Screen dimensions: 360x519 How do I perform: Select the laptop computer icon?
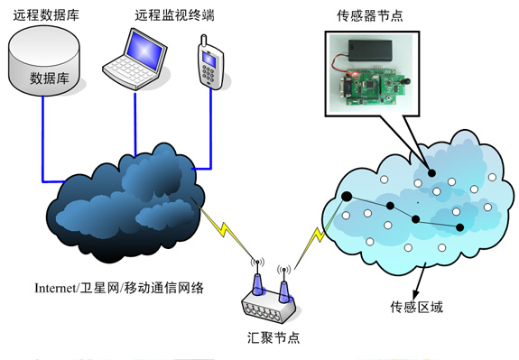(134, 59)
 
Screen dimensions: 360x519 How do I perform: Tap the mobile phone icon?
(209, 62)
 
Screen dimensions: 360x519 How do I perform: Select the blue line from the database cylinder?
(42, 135)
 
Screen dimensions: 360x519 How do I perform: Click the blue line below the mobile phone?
(210, 126)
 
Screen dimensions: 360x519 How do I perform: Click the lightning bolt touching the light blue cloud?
(316, 239)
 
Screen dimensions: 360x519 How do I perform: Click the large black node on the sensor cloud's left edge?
(345, 196)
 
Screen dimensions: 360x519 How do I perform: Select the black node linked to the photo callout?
(431, 173)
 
